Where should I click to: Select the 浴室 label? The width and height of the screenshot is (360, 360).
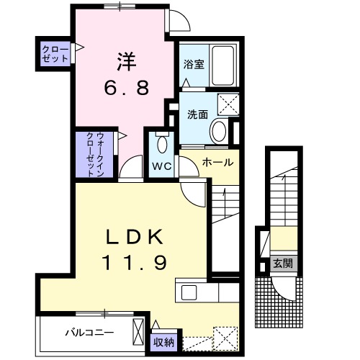click(x=194, y=63)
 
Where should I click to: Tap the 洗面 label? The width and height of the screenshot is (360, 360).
click(x=198, y=114)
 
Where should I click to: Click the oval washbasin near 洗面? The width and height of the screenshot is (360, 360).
click(x=218, y=130)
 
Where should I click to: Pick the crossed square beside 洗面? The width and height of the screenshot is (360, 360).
click(x=231, y=106)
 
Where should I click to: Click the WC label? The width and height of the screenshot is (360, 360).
click(x=160, y=164)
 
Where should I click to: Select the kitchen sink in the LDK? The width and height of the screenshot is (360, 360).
click(x=190, y=292)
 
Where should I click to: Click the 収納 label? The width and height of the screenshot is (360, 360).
click(x=163, y=342)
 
